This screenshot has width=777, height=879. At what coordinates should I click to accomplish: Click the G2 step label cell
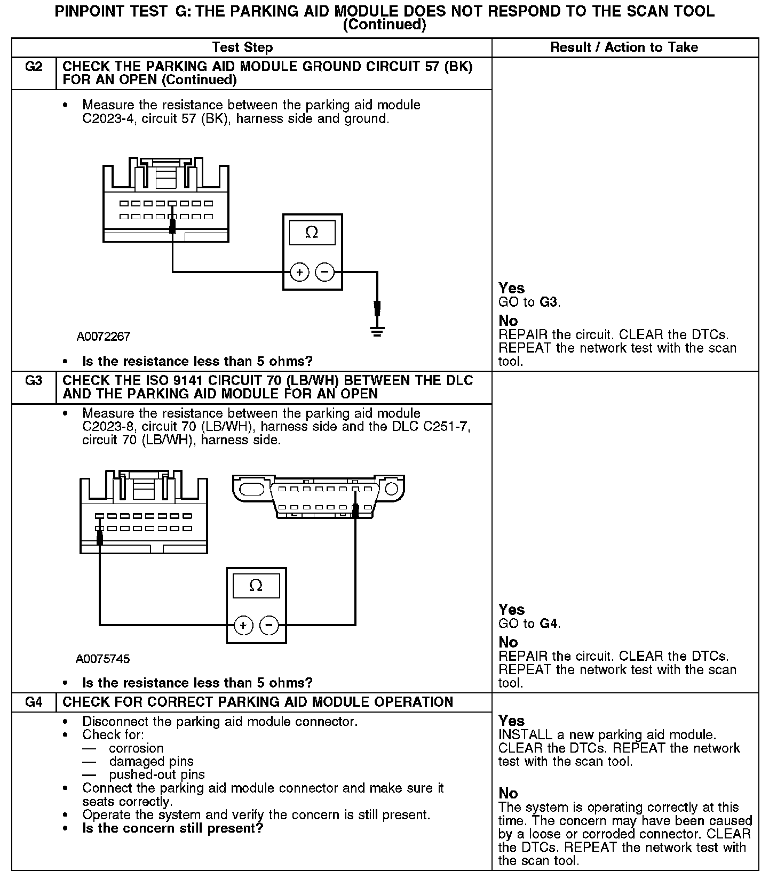tap(34, 68)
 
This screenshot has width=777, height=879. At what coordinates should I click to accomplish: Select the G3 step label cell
tap(34, 381)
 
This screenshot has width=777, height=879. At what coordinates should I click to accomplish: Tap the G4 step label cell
tap(34, 702)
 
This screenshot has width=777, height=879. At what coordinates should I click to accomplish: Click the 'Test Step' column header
tap(242, 47)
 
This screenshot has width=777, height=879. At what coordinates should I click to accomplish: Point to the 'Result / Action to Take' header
tap(624, 47)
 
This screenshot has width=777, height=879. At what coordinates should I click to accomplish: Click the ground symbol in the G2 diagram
tap(377, 332)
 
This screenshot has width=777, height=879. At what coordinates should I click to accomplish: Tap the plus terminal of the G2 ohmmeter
tap(299, 273)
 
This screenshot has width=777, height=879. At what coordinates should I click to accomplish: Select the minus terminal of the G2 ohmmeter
tap(324, 273)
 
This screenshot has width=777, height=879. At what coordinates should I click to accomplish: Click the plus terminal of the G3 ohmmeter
tap(243, 625)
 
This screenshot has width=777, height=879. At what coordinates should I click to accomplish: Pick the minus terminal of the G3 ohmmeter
tap(269, 625)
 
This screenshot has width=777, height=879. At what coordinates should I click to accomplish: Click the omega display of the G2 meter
tap(312, 233)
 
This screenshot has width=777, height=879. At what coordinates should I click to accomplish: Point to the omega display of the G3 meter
tap(256, 586)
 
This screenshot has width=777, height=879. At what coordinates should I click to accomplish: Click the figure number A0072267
tap(103, 337)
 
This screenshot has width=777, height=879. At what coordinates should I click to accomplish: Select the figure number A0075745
tap(102, 659)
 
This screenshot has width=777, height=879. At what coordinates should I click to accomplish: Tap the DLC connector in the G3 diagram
tap(318, 496)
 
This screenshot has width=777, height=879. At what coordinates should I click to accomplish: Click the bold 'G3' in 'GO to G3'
tap(548, 302)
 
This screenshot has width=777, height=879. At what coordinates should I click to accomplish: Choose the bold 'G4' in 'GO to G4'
tap(548, 624)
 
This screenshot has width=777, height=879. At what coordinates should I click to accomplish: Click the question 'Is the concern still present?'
tap(172, 828)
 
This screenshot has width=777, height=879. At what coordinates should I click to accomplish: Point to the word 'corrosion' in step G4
tap(136, 748)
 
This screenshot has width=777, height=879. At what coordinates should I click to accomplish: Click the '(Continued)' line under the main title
tap(384, 25)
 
